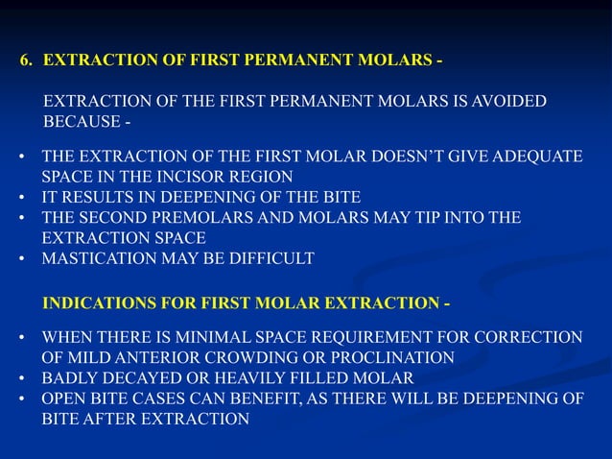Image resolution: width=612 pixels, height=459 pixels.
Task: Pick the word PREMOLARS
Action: [x=188, y=217]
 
